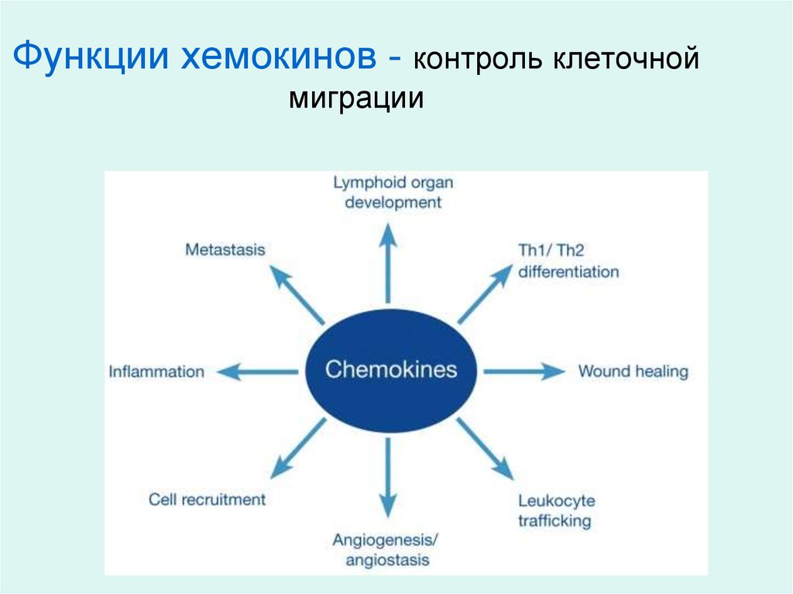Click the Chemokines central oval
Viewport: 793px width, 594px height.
[x=391, y=369]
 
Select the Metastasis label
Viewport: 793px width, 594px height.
[x=225, y=250]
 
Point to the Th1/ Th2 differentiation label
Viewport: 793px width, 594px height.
[x=568, y=261]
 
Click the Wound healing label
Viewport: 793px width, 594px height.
[x=633, y=372]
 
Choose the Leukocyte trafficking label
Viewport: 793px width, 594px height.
[x=556, y=510]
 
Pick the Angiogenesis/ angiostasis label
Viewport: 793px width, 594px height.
[x=381, y=549]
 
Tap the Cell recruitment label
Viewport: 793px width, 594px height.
[x=207, y=500]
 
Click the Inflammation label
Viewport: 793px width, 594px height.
[x=156, y=372]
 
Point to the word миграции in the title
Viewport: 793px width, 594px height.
[x=357, y=99]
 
